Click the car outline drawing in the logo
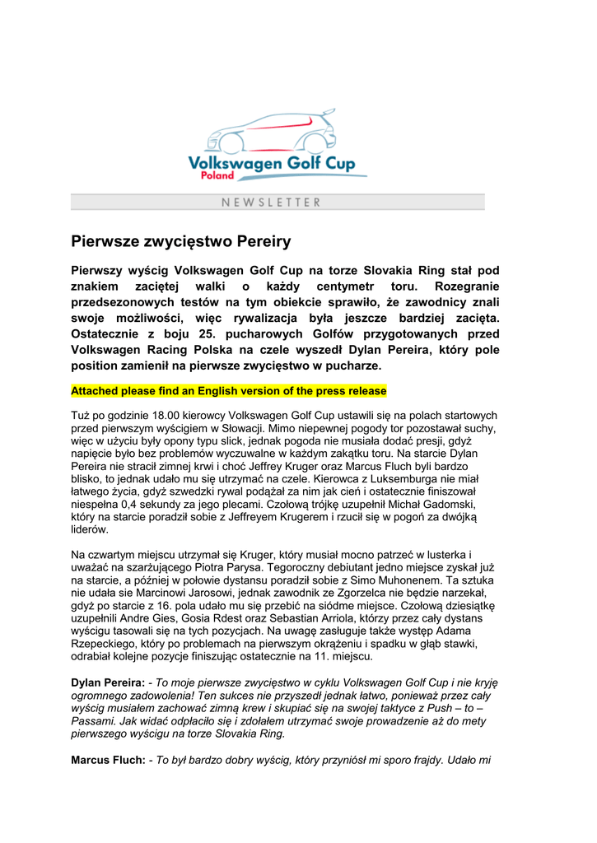point(272,132)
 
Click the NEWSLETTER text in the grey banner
point(271,202)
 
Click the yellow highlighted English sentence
point(228,390)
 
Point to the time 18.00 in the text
point(172,416)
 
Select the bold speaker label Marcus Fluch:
point(108,761)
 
